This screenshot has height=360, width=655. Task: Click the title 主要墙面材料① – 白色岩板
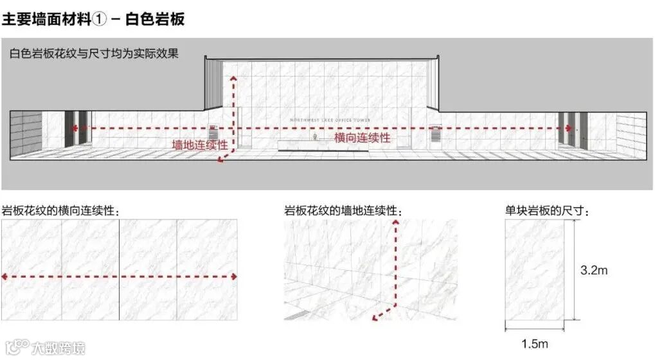pos(93,19)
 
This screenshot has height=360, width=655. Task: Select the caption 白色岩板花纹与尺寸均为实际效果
pos(94,55)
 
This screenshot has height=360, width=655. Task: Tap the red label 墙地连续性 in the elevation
pos(199,145)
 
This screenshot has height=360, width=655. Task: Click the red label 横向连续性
pos(362,138)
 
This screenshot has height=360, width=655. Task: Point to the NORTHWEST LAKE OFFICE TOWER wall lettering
pos(330,120)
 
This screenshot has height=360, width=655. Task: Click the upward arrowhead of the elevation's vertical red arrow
pos(233,78)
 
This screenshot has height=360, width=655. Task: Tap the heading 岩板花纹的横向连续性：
pos(60,211)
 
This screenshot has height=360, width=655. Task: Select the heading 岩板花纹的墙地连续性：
pos(344,211)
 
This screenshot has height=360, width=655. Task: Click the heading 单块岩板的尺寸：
pos(547,211)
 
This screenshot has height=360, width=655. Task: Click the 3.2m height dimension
pos(593,271)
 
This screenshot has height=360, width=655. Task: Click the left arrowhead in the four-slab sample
pos(5,276)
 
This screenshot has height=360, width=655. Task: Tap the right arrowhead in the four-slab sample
pos(234,276)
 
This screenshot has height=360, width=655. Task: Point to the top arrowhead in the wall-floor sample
pos(397,222)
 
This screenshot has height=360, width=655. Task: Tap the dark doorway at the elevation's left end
pos(73,129)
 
